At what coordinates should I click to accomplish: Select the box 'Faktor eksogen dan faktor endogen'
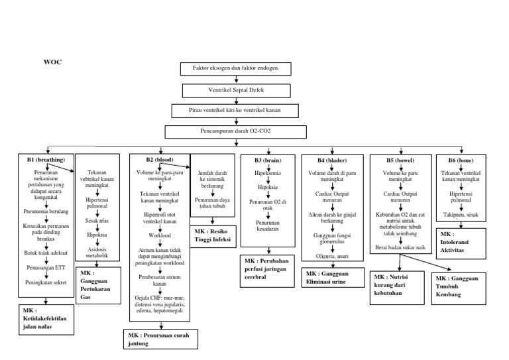(x=235, y=69)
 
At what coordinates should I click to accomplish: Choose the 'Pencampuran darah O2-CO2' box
(x=236, y=131)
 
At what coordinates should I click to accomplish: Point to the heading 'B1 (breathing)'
(x=46, y=160)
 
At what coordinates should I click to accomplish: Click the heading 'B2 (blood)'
(x=159, y=160)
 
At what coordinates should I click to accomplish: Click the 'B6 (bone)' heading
(x=461, y=160)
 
